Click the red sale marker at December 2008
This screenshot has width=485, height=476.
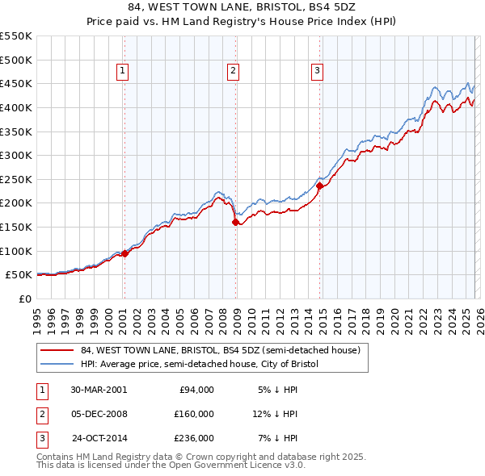(235, 222)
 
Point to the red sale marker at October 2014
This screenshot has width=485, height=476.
(319, 186)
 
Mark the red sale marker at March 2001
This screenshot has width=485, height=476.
(125, 253)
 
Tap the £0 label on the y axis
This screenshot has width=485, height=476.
(24, 299)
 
